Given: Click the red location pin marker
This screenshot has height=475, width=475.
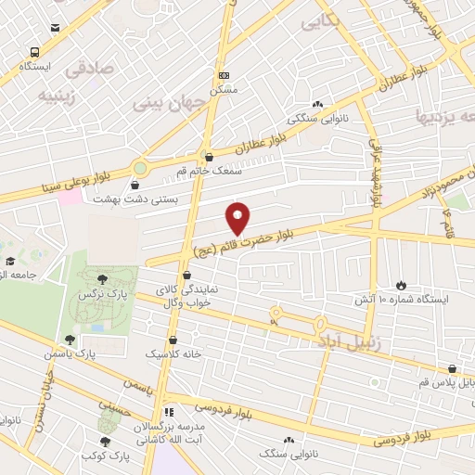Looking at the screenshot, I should pos(238,217).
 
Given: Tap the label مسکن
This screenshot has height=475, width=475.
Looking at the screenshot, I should pos(225,90).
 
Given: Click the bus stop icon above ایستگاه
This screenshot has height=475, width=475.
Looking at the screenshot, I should pos(35,53).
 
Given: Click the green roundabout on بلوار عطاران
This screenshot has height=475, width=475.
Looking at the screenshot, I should pos(140,167).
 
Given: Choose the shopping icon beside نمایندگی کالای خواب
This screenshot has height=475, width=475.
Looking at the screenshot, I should pos(188,276).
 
